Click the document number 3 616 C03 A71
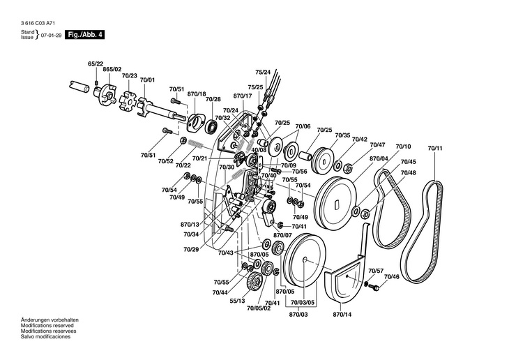(36, 23)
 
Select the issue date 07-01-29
(51, 34)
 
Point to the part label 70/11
(436, 149)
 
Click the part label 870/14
(342, 314)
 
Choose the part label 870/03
(298, 314)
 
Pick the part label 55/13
(236, 301)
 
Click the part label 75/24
(263, 72)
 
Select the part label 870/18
(197, 93)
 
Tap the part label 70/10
(404, 147)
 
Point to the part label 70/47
(377, 144)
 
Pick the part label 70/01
(147, 81)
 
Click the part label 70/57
(376, 270)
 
